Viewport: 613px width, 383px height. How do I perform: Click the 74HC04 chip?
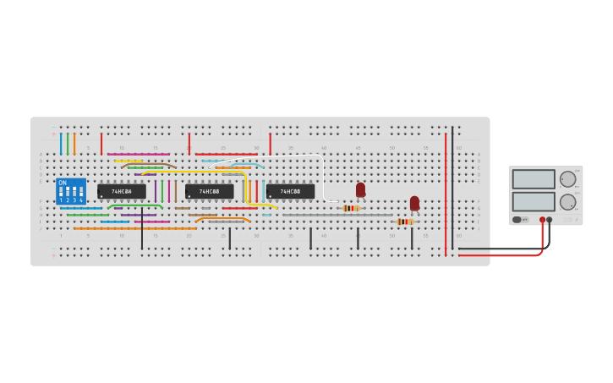tap(121, 192)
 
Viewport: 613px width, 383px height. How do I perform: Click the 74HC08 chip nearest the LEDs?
tap(291, 192)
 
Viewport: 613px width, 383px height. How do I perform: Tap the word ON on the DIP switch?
tap(63, 183)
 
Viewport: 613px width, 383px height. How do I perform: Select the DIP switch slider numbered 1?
tap(61, 194)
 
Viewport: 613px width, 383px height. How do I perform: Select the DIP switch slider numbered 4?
tap(81, 194)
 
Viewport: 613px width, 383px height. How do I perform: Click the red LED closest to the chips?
tap(360, 189)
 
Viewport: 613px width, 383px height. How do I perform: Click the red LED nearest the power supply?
tap(414, 203)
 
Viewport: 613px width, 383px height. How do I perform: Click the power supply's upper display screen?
tap(534, 179)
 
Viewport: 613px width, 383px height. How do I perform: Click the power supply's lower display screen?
tap(534, 201)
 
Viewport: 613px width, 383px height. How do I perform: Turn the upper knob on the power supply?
tap(567, 179)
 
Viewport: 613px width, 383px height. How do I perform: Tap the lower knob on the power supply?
tap(567, 202)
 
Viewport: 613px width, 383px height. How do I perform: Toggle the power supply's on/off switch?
tap(517, 220)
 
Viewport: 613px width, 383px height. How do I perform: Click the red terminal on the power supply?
tap(542, 220)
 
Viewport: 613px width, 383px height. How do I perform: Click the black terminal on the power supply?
tap(550, 220)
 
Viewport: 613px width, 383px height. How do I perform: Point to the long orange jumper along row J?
tap(135, 228)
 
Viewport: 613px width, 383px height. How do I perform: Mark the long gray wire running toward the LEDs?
tap(338, 215)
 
